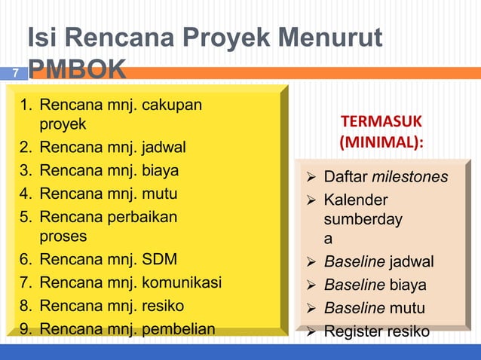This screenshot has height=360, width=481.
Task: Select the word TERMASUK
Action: tap(381, 122)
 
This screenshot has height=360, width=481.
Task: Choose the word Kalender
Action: tap(356, 200)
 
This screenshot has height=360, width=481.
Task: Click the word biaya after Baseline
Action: tap(408, 285)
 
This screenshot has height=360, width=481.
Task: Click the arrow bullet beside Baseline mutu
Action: tap(311, 308)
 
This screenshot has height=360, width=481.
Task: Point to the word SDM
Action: tap(160, 260)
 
